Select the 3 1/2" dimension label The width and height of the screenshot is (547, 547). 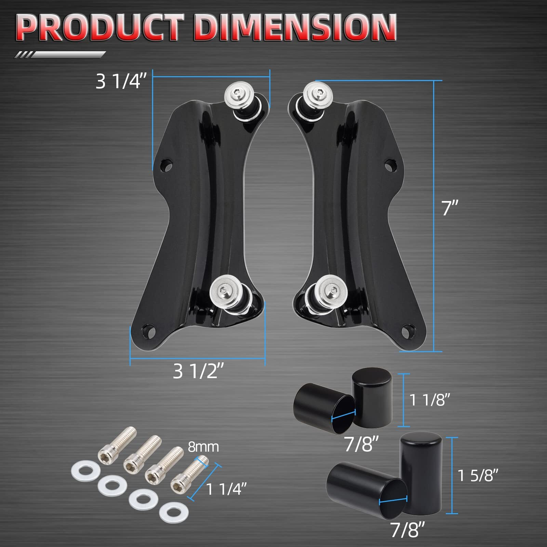(x=198, y=371)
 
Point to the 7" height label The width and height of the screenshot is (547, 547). (x=450, y=208)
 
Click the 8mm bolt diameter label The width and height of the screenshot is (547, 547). (x=203, y=447)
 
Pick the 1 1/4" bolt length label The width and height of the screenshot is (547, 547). (x=226, y=489)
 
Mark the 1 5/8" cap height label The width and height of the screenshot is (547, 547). (x=478, y=475)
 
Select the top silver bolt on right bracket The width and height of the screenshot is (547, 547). (x=318, y=92)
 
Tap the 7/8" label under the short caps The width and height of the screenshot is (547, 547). (x=361, y=444)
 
